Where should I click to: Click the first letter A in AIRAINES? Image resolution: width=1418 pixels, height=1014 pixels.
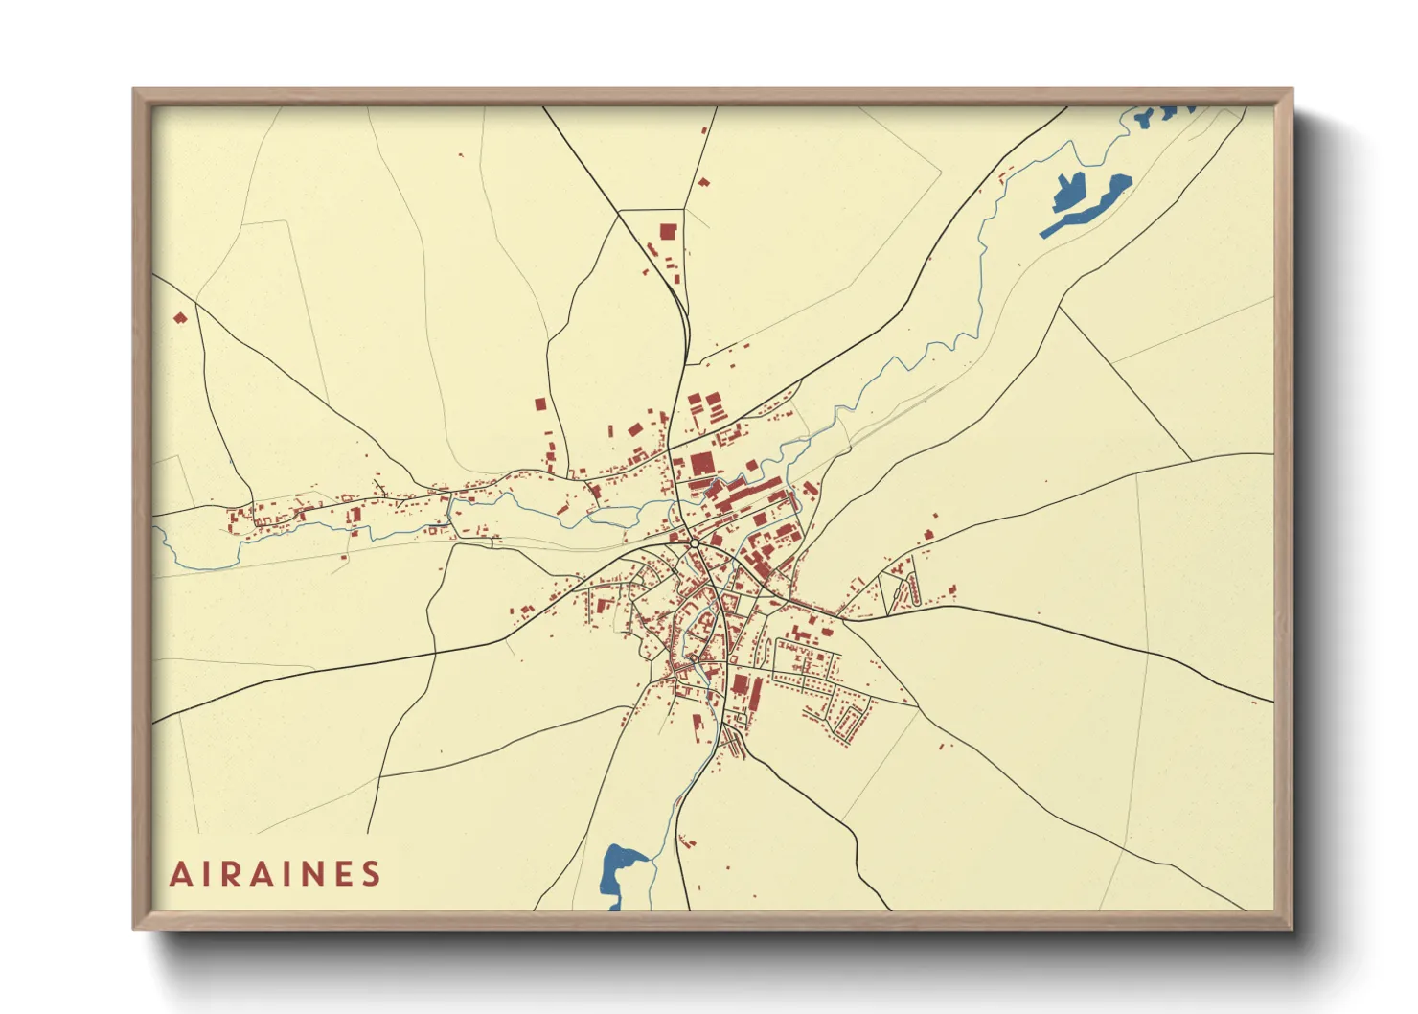(179, 874)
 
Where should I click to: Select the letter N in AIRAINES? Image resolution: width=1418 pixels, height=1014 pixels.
(308, 874)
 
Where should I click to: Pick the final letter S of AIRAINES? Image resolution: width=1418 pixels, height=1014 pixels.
(371, 874)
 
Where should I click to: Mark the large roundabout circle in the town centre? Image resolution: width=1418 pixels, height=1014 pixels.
(694, 543)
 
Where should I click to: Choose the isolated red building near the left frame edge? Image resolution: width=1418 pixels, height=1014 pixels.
(179, 317)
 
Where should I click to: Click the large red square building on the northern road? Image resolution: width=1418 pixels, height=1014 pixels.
(668, 231)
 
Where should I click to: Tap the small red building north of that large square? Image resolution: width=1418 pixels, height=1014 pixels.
(703, 181)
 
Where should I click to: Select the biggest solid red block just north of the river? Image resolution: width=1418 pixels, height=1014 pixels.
(701, 465)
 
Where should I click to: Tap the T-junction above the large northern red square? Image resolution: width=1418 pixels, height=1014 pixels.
(683, 208)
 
